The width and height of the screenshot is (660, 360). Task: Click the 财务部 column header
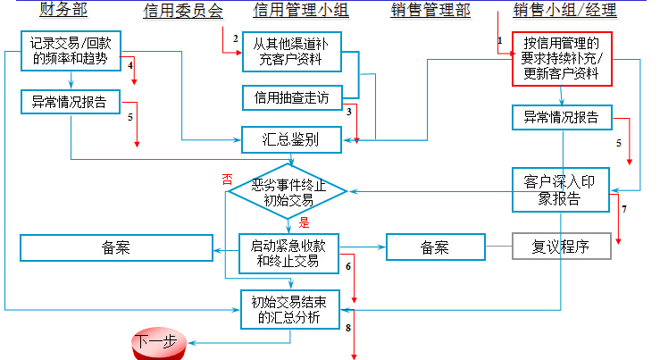[62, 10]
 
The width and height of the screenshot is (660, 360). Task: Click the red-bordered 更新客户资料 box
[561, 59]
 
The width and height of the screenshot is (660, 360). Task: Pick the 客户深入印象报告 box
[561, 189]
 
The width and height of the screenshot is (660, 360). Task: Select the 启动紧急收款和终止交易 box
[289, 254]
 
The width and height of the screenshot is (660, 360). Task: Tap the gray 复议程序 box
[561, 246]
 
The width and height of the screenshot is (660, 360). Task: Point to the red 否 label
[227, 179]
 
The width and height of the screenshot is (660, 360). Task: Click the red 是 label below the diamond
[303, 223]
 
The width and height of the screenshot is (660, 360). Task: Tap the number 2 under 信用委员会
[236, 38]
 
